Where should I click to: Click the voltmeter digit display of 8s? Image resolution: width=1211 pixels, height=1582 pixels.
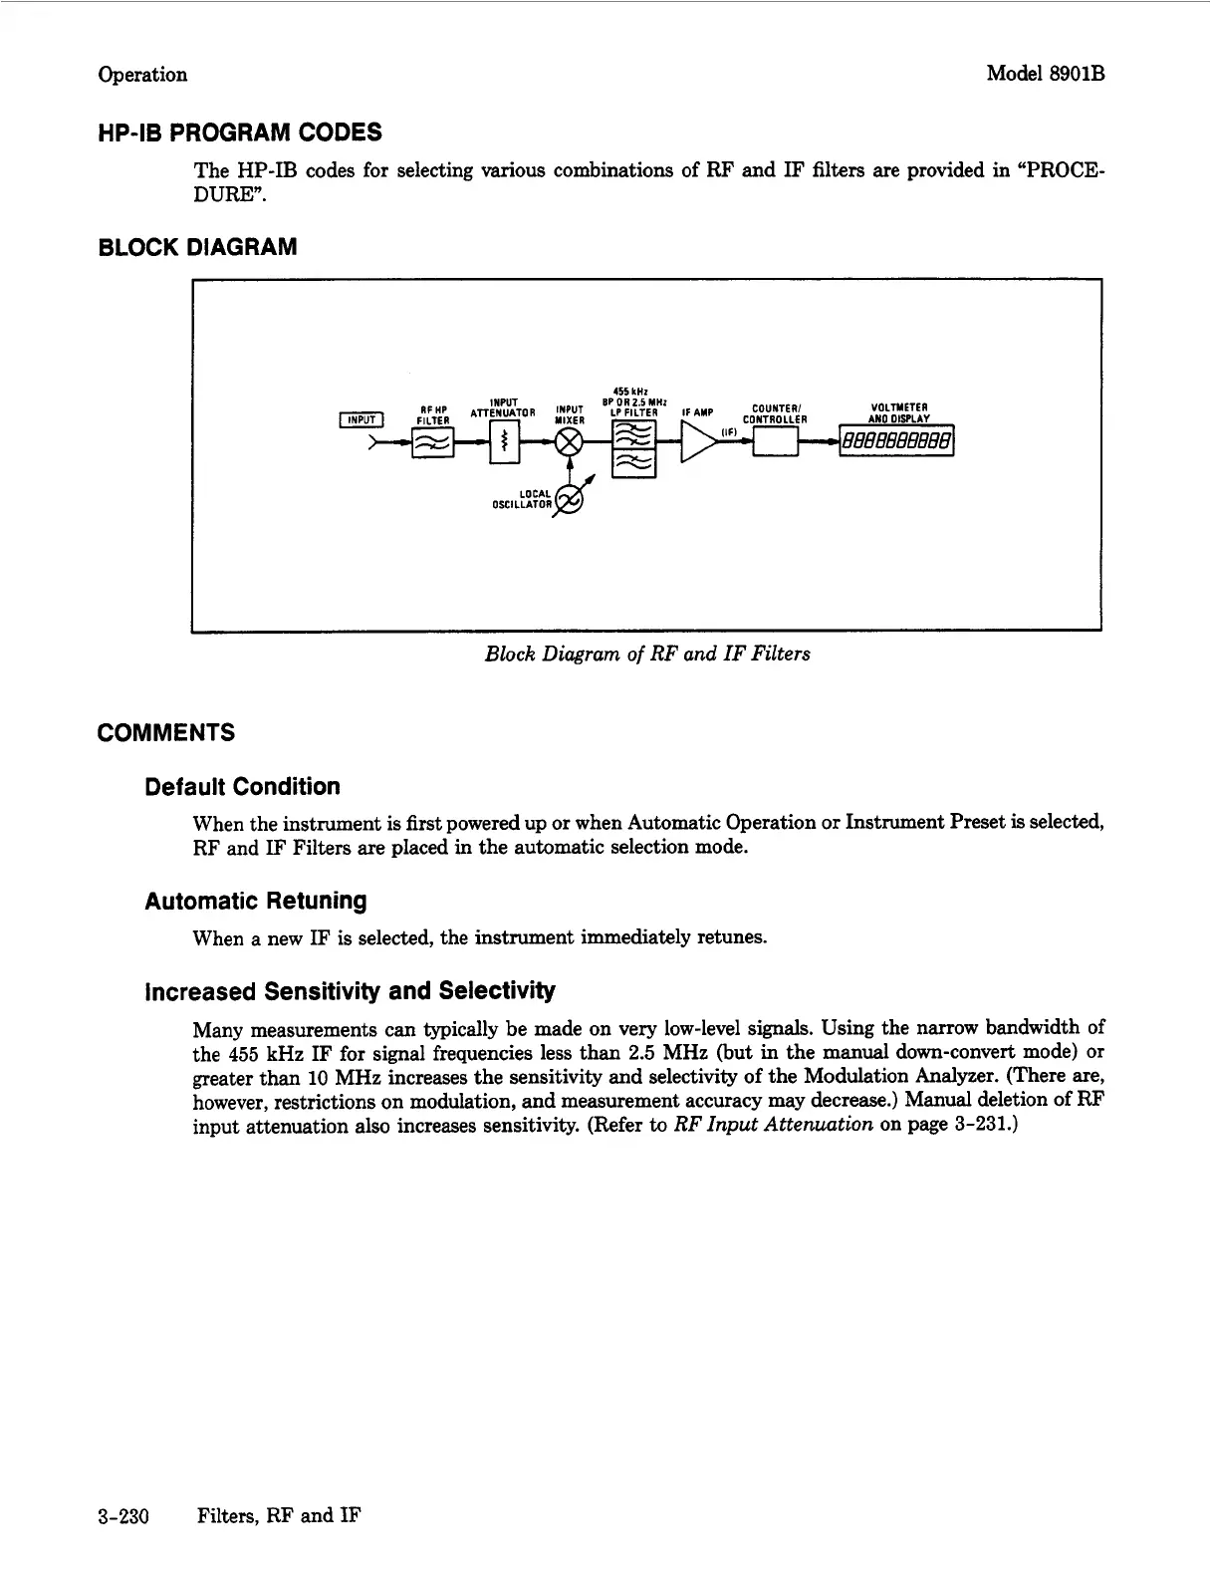click(x=896, y=440)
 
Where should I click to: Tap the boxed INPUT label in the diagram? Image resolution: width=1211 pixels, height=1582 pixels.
click(x=359, y=418)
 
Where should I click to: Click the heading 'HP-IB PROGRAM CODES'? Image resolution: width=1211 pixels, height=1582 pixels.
click(x=239, y=132)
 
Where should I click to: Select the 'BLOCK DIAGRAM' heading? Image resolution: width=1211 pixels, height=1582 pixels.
click(x=197, y=247)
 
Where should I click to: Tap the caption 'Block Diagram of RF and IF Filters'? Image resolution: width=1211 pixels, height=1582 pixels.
click(x=647, y=654)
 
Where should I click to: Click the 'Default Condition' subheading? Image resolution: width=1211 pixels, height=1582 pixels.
click(x=242, y=787)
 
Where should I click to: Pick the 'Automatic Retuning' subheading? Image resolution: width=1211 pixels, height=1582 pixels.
click(x=255, y=902)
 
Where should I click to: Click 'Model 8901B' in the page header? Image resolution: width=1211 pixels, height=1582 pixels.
click(x=1046, y=75)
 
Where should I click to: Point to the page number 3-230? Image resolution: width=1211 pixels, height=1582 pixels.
click(x=123, y=1517)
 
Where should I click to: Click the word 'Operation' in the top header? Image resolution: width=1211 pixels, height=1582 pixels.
click(x=142, y=75)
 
